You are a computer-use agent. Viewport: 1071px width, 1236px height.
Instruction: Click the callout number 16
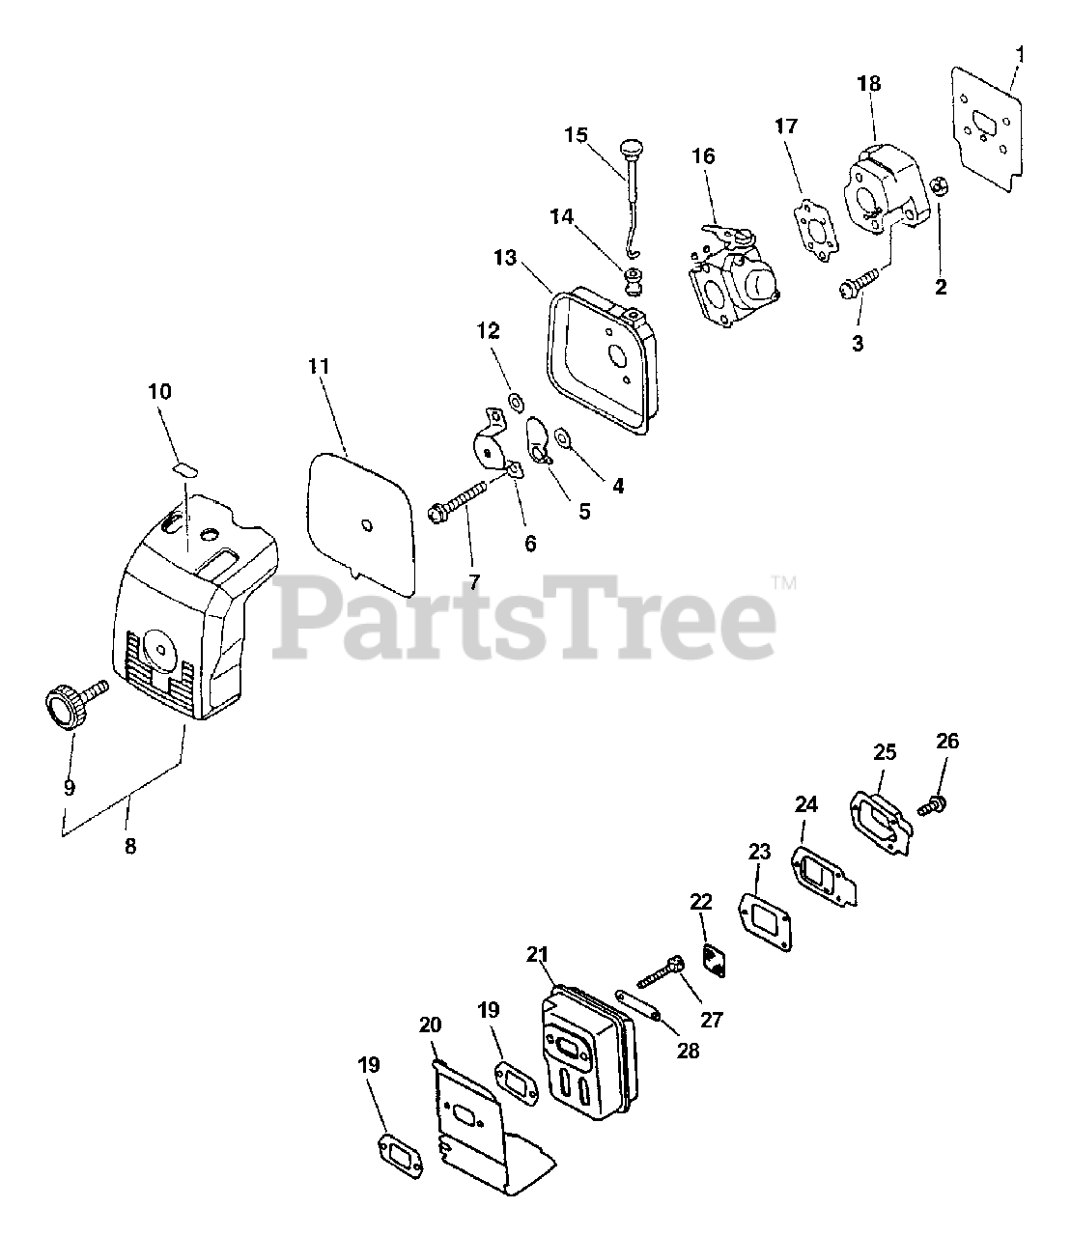703,156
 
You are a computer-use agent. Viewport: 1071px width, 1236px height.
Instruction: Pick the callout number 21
538,955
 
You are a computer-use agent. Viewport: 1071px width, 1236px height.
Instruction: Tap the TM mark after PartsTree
784,582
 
